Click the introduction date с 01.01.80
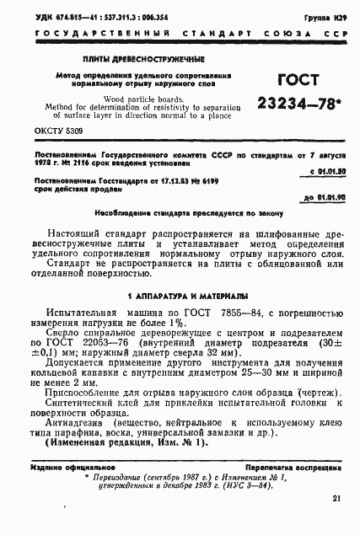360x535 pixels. tap(318, 173)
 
